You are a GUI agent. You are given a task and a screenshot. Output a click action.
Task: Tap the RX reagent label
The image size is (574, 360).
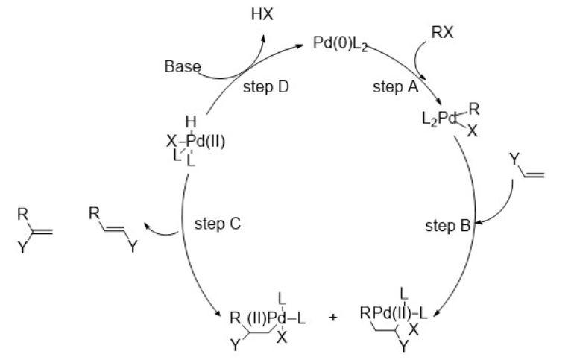click(x=443, y=32)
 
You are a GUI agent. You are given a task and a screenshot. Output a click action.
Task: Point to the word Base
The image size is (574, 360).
click(x=182, y=67)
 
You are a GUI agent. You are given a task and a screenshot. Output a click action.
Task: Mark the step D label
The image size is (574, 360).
click(x=265, y=86)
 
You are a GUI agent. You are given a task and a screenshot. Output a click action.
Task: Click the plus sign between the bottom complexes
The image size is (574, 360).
click(x=332, y=317)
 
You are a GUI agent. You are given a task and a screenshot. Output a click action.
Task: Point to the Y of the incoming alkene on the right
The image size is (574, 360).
click(x=514, y=158)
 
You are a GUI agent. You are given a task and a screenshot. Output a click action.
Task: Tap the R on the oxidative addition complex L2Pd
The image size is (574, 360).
click(x=474, y=109)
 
